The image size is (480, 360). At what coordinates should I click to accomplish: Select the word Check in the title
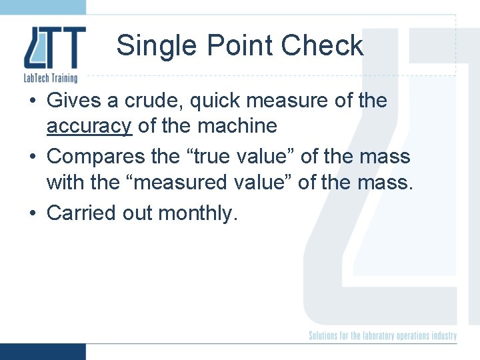coord(322,46)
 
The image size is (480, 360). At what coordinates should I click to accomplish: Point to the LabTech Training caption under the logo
coord(51,79)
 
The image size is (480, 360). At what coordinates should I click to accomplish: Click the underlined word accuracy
coord(89,125)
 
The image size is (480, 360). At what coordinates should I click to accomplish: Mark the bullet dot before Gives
coord(33,101)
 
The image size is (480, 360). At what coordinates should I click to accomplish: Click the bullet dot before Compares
coord(33,157)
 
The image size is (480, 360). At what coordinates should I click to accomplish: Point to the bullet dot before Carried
coord(33,214)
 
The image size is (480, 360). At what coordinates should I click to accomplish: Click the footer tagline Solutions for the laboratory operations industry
coord(383,335)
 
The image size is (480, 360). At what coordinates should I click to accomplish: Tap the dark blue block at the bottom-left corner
coord(43,351)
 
